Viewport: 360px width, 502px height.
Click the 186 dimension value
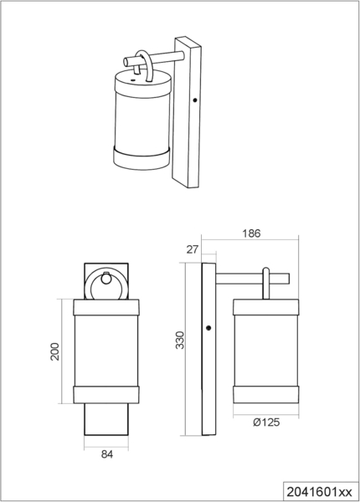[x=251, y=233]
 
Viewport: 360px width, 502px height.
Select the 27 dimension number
[x=193, y=249]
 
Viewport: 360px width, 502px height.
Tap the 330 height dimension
[x=180, y=340]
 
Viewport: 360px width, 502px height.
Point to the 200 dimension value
[x=54, y=351]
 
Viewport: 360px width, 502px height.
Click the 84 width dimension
[x=107, y=454]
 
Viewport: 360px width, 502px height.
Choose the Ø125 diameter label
[x=266, y=423]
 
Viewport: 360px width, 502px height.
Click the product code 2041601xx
[x=319, y=492]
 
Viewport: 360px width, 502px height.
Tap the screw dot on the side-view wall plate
[x=208, y=328]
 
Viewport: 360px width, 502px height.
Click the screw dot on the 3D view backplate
[x=195, y=100]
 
